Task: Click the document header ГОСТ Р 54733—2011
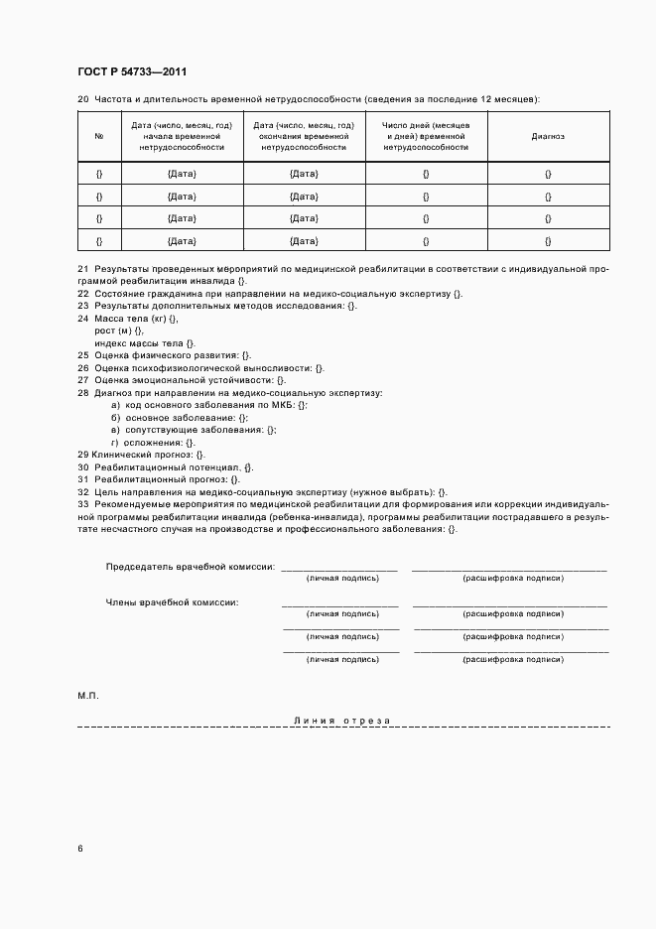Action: tap(132, 71)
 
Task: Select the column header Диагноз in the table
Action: tap(548, 136)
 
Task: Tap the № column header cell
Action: tap(99, 136)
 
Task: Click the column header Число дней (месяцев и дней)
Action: tap(426, 136)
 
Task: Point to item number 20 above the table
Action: tap(83, 99)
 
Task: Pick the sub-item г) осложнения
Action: tap(148, 442)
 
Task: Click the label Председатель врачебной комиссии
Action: tap(190, 566)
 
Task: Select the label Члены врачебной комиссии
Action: tap(172, 601)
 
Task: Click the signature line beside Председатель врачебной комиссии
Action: tap(338, 569)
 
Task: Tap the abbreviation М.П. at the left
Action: tap(88, 695)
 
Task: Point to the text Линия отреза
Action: tap(342, 720)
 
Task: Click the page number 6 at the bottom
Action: tap(80, 849)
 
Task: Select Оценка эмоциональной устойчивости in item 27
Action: tap(184, 380)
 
